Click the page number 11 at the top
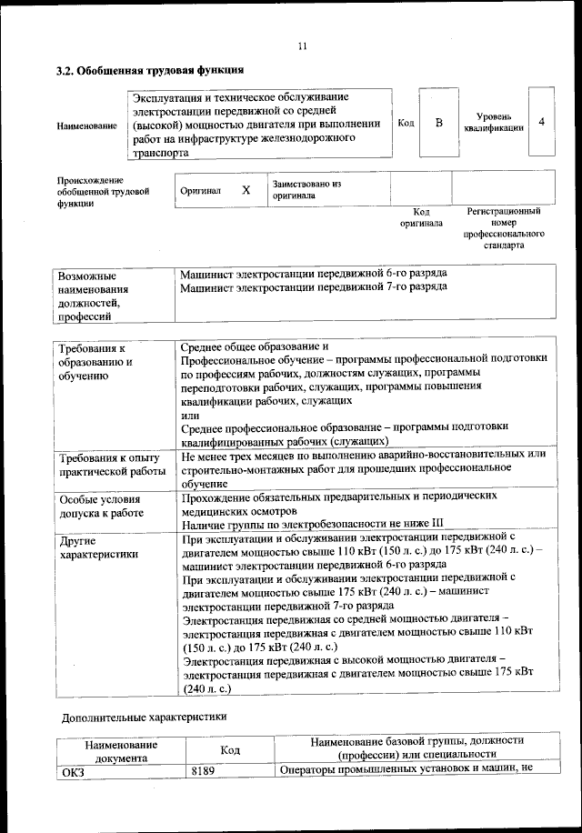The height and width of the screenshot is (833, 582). pyautogui.click(x=303, y=46)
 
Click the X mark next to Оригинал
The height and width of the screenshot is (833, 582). pyautogui.click(x=246, y=190)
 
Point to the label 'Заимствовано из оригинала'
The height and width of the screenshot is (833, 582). pyautogui.click(x=306, y=189)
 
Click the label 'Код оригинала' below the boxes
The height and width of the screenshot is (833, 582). pyautogui.click(x=421, y=217)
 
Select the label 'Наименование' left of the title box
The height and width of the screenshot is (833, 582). pyautogui.click(x=86, y=125)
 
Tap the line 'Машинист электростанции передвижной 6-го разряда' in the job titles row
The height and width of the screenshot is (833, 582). pyautogui.click(x=313, y=273)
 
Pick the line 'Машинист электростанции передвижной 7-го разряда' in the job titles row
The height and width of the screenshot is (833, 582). pyautogui.click(x=313, y=286)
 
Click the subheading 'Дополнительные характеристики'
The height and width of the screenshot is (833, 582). pyautogui.click(x=144, y=717)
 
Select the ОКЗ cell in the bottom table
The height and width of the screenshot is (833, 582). pyautogui.click(x=72, y=770)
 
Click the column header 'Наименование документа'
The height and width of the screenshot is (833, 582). pyautogui.click(x=121, y=749)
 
